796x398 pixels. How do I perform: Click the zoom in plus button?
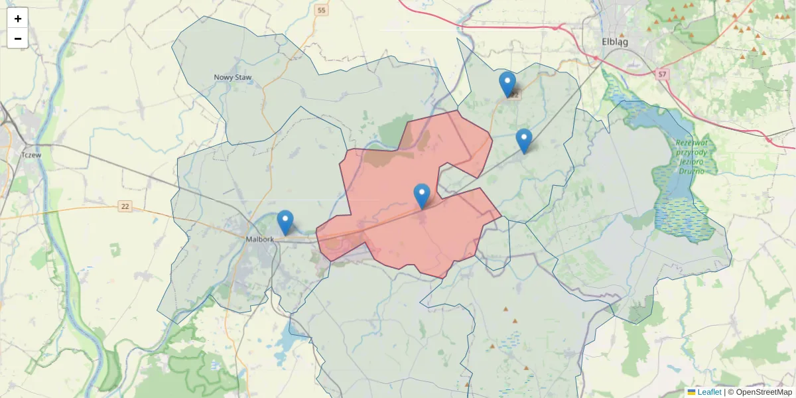click(x=18, y=19)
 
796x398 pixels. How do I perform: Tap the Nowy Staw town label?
click(x=233, y=78)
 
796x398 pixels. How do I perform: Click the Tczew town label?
click(x=31, y=155)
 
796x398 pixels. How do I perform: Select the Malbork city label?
click(x=259, y=239)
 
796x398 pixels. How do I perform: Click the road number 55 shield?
click(x=322, y=10)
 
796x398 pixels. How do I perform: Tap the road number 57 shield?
click(x=662, y=74)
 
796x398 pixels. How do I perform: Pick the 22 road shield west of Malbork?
click(x=125, y=207)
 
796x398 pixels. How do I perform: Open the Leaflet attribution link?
click(x=709, y=392)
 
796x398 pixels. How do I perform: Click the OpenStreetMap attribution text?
click(x=763, y=392)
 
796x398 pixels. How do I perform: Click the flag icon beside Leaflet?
click(x=691, y=392)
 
